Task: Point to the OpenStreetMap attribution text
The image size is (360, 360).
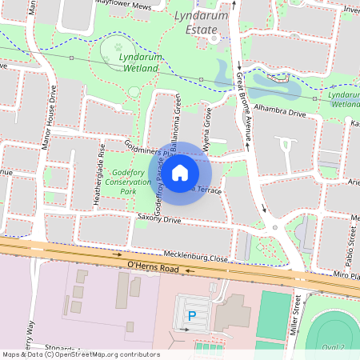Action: coord(81,354)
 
